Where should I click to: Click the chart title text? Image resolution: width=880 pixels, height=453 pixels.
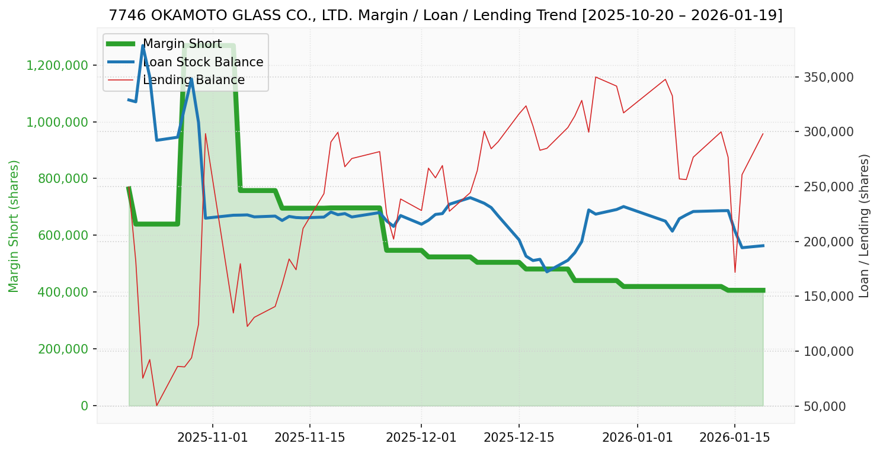click(x=446, y=15)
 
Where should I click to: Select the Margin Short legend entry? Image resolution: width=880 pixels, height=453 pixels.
click(x=182, y=44)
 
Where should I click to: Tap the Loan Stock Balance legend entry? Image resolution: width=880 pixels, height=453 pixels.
click(x=203, y=62)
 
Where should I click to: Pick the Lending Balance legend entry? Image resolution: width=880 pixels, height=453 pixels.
click(x=194, y=80)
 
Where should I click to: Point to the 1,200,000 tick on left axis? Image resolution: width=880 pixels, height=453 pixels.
click(x=59, y=65)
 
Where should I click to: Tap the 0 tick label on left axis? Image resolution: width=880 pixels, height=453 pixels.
click(x=84, y=406)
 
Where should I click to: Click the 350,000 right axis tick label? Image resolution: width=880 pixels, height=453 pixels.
click(x=828, y=78)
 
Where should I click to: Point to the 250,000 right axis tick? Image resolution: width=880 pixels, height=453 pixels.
click(x=828, y=187)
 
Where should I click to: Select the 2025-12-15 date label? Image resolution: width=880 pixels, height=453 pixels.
click(x=519, y=438)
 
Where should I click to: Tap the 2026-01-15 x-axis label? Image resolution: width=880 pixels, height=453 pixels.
click(x=734, y=438)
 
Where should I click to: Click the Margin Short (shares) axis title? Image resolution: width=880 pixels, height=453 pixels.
click(x=14, y=226)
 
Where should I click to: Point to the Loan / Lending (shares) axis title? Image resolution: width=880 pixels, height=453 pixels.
click(x=865, y=226)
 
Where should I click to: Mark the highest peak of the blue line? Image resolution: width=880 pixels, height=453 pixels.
click(x=143, y=46)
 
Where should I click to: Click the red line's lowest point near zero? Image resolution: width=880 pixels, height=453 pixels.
click(x=156, y=406)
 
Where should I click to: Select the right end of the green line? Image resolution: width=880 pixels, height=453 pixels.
click(x=763, y=290)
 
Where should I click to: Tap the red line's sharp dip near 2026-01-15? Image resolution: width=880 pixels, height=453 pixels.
click(x=735, y=272)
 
